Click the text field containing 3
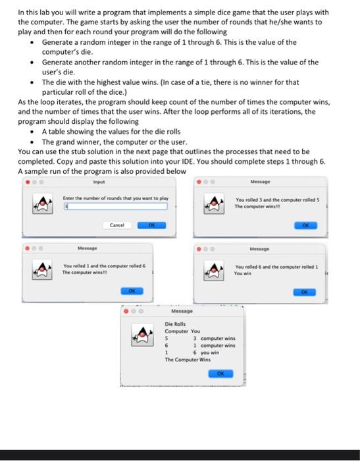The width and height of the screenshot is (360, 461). click(115, 206)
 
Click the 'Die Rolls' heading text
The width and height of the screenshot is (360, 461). click(176, 324)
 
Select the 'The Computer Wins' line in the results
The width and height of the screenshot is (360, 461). click(188, 360)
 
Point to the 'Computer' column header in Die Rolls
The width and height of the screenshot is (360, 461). click(176, 331)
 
